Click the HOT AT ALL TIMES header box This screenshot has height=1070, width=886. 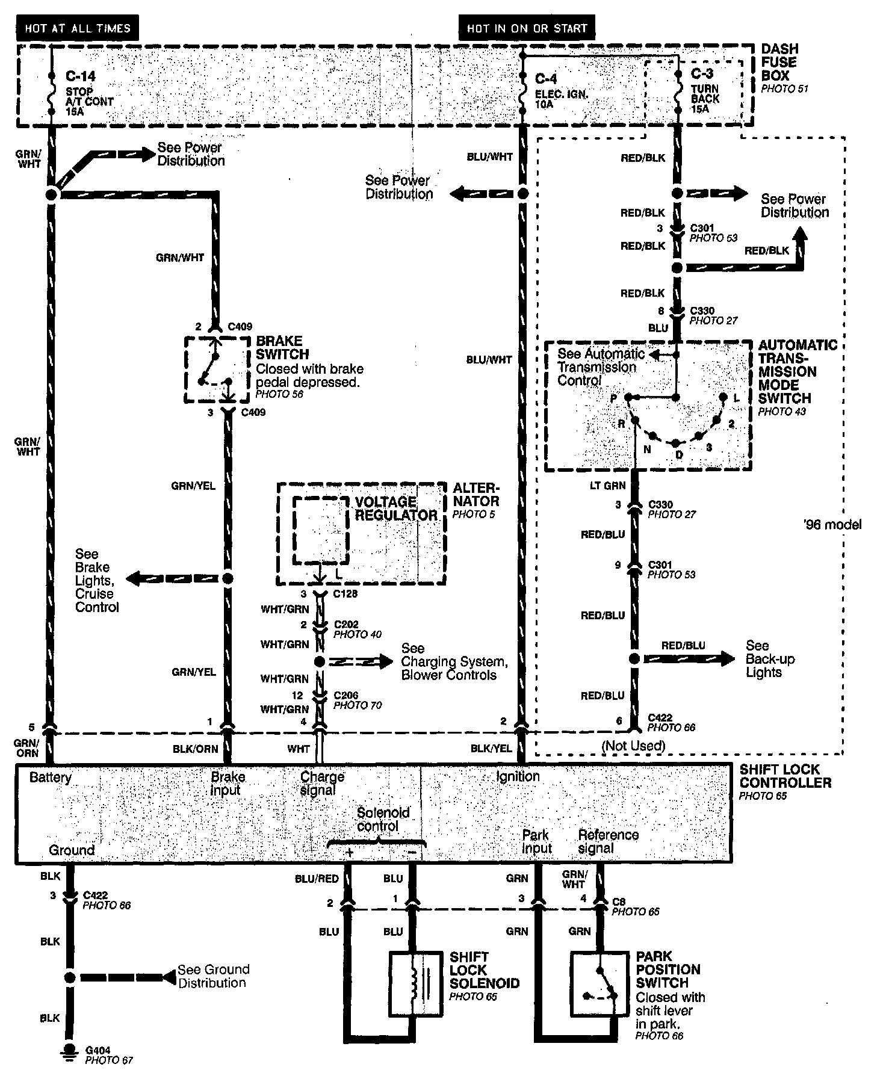[78, 28]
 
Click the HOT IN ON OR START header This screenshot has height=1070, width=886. [527, 28]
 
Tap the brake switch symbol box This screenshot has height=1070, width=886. [217, 370]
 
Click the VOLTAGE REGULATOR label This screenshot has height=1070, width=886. [395, 509]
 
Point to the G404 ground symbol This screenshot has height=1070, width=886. [70, 1050]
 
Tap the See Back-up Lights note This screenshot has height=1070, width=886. [770, 659]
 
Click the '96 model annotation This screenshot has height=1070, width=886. [832, 525]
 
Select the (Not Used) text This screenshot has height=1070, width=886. [633, 746]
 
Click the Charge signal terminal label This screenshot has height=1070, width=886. [322, 784]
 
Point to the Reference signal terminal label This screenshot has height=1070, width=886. [608, 841]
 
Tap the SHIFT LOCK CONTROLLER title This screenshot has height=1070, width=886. [785, 776]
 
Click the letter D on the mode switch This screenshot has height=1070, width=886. [679, 455]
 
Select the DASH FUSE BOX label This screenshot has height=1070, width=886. [779, 62]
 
